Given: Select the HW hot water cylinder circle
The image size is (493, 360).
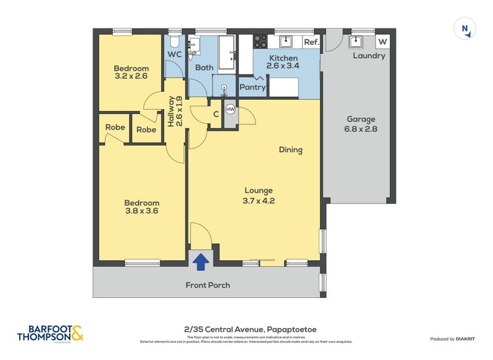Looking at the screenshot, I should [230, 109].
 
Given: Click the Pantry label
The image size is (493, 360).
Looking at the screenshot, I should [253, 88].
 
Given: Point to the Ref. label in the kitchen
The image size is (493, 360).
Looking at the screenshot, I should [311, 42].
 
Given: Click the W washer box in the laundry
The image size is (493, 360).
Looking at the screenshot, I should [383, 42].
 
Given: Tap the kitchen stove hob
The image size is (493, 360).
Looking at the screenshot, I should [260, 41].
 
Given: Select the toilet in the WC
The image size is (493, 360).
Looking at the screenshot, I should [174, 41].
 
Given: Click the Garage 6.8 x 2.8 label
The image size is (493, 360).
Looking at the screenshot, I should [361, 125].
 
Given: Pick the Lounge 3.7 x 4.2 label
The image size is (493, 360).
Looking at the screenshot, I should [258, 195].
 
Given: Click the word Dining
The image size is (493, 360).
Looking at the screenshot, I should [290, 150].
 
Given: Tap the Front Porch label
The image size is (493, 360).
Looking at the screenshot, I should [208, 285].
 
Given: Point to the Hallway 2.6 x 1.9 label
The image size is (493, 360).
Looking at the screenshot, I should [175, 112].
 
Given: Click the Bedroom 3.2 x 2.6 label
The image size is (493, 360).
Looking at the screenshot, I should [131, 73].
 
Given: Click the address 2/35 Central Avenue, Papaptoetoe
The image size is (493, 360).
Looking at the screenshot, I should [250, 330].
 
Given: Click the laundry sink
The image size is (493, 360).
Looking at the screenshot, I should [356, 41].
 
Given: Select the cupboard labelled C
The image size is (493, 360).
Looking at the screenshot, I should [216, 114].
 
